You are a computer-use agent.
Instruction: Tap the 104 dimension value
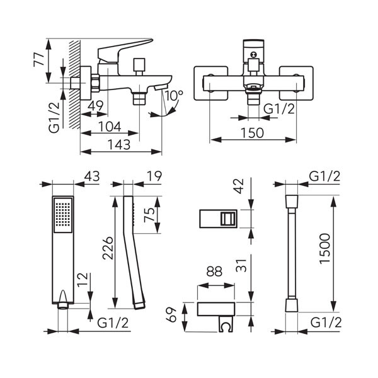coord(111,126)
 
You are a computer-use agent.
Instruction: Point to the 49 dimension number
coord(96,105)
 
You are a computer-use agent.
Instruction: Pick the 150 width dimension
coord(251,132)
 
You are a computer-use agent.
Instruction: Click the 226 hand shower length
coord(106,253)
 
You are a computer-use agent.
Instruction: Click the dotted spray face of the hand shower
coord(64,214)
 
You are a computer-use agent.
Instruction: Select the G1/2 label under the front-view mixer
coord(278,108)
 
